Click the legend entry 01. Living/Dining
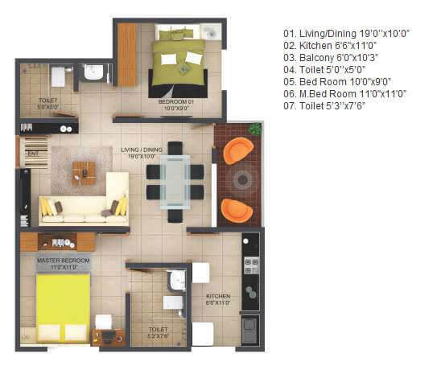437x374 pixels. tap(346, 33)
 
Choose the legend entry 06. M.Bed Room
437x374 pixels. tap(344, 93)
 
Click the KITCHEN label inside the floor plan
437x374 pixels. tap(218, 298)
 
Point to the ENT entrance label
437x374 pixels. tap(33, 152)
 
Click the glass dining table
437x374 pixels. tap(175, 182)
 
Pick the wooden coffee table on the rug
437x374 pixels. tap(84, 170)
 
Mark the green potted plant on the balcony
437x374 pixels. tap(255, 129)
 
